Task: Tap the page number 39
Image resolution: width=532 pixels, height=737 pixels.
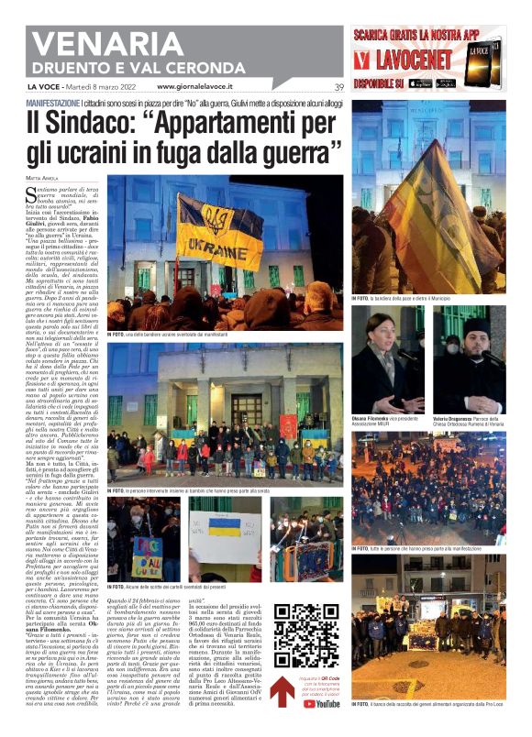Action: (339, 87)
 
